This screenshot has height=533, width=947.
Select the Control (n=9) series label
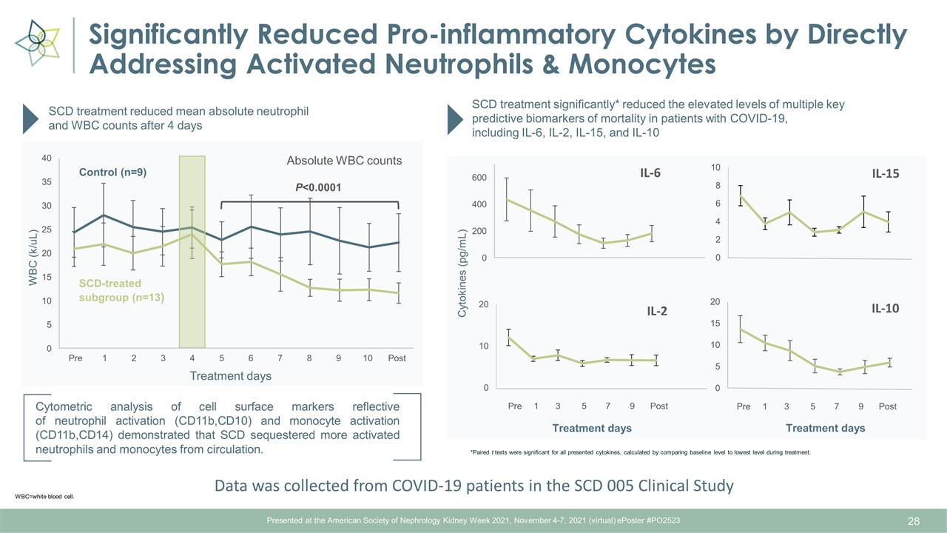pyautogui.click(x=113, y=172)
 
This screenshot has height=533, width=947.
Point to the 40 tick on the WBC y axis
pyautogui.click(x=46, y=158)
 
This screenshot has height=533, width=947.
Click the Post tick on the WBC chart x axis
pyautogui.click(x=397, y=358)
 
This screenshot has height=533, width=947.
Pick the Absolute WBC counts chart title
pyautogui.click(x=344, y=160)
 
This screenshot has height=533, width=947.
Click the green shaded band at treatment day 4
pyautogui.click(x=192, y=252)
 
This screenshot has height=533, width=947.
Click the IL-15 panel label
pyautogui.click(x=885, y=173)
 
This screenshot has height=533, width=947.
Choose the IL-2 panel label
pyautogui.click(x=656, y=312)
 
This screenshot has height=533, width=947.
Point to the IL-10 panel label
pyautogui.click(x=885, y=308)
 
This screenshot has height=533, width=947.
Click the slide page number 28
pyautogui.click(x=914, y=522)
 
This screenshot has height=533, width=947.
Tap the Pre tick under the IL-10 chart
pyautogui.click(x=744, y=406)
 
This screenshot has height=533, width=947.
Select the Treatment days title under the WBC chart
pyautogui.click(x=231, y=376)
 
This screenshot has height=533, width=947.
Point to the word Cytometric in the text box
pyautogui.click(x=66, y=406)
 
